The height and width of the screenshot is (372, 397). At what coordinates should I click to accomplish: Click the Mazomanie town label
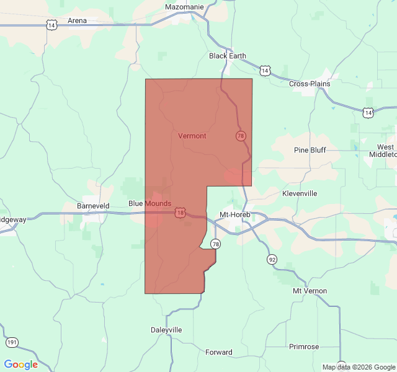click(x=184, y=7)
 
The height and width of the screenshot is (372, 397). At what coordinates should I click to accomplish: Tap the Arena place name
click(x=77, y=20)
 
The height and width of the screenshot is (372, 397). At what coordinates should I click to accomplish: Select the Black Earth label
click(x=227, y=56)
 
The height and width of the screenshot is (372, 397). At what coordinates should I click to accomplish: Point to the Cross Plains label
click(x=310, y=84)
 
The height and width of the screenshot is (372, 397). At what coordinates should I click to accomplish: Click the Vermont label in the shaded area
click(x=192, y=136)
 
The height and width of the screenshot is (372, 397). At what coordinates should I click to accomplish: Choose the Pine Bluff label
click(x=310, y=150)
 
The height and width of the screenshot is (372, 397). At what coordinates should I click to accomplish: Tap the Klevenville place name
click(x=300, y=193)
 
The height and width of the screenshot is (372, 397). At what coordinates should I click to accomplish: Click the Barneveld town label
click(x=93, y=205)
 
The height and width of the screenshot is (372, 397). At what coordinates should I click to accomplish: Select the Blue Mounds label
click(x=149, y=203)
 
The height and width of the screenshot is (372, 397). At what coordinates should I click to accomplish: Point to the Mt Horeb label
click(x=234, y=215)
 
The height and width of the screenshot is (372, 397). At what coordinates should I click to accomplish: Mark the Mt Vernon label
click(x=310, y=291)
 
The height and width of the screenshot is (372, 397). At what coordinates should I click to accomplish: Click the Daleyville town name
click(x=166, y=330)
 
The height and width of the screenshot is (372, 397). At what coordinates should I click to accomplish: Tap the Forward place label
click(x=219, y=352)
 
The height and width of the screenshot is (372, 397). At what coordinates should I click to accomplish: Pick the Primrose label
click(x=304, y=347)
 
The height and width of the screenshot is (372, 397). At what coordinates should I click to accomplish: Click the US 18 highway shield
click(x=180, y=213)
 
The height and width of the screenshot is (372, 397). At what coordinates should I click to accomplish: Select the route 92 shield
click(x=272, y=259)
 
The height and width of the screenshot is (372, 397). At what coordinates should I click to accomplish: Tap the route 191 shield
click(x=12, y=342)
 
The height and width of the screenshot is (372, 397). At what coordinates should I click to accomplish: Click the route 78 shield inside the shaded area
click(x=241, y=136)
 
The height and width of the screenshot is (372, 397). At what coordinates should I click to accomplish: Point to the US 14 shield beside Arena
click(x=51, y=24)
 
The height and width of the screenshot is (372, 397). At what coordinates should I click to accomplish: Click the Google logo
click(x=20, y=365)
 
